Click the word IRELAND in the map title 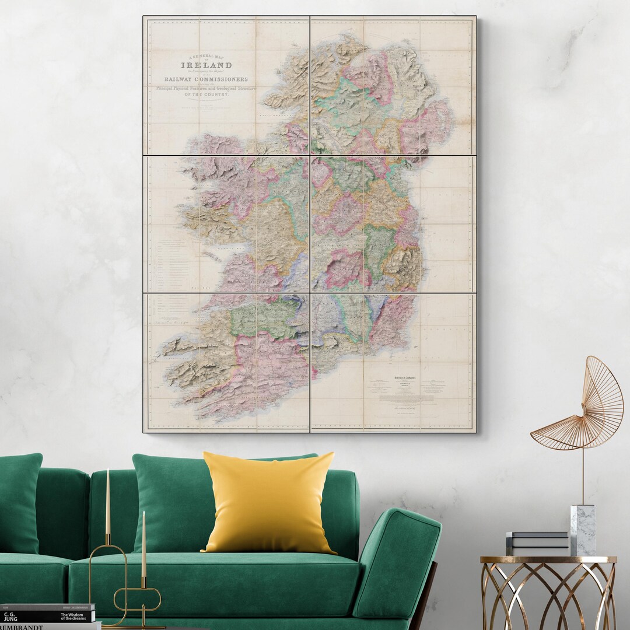click(x=207, y=65)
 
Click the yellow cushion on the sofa click(x=268, y=503)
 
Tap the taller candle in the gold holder click(x=108, y=502)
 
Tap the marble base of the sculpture click(x=583, y=530)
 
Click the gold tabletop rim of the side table click(x=548, y=560)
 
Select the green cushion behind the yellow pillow click(x=169, y=502)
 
